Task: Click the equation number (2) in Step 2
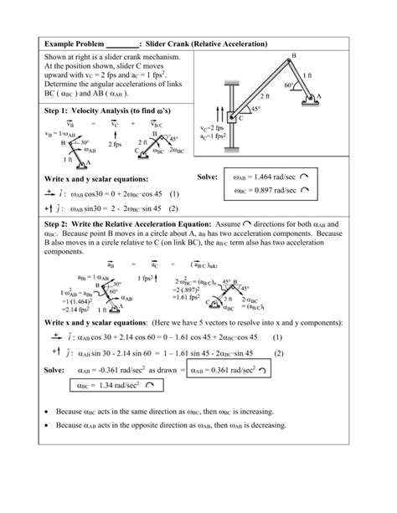click(300, 353)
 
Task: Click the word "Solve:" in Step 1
click(207, 177)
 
